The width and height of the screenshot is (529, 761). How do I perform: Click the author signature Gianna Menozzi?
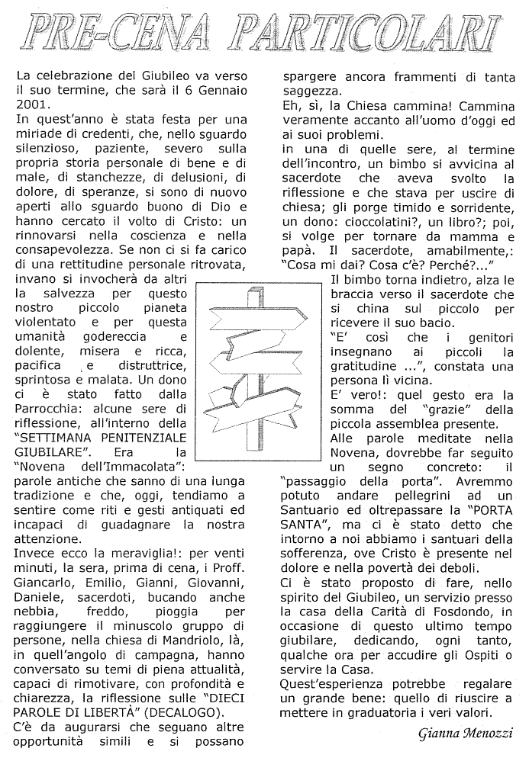(x=466, y=735)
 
